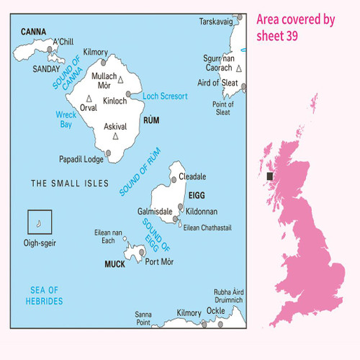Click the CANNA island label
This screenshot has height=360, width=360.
click(x=34, y=32)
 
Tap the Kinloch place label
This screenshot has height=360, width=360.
click(x=115, y=102)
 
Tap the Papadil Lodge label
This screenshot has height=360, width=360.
click(x=82, y=159)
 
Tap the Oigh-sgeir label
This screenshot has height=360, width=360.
click(x=39, y=242)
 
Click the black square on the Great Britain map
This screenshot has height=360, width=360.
click(x=270, y=175)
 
